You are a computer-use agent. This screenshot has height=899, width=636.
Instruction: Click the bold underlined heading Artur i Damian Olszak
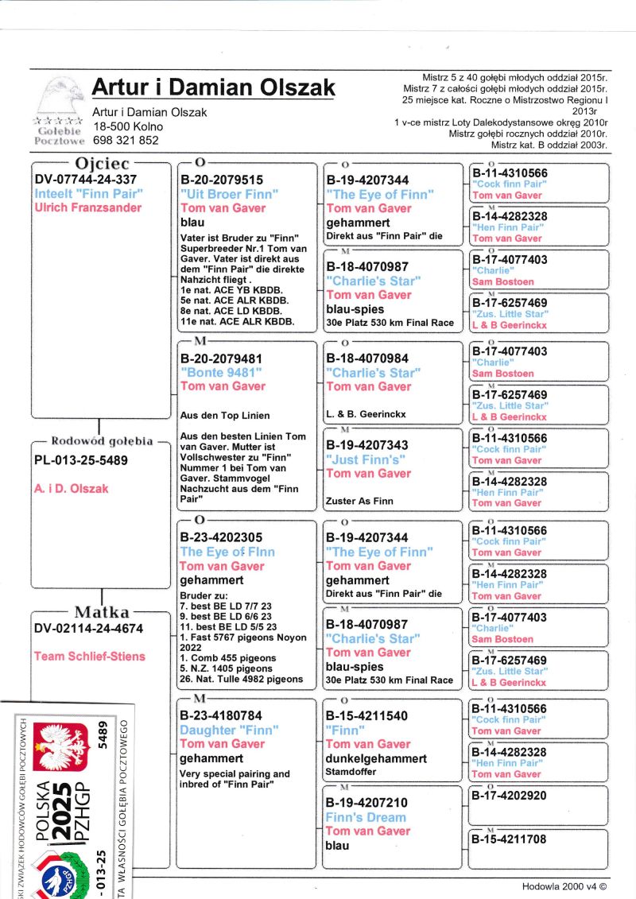[x=213, y=87]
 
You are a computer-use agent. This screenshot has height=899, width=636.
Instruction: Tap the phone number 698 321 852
[x=126, y=140]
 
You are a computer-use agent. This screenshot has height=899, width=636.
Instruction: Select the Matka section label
[x=101, y=612]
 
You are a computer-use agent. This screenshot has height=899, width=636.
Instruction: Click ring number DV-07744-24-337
[x=86, y=179]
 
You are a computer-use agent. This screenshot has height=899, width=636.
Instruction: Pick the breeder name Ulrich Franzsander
[x=88, y=207]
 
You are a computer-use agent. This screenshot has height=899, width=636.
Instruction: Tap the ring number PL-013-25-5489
[x=80, y=460]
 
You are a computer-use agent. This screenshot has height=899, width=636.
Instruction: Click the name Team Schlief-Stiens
[x=90, y=656]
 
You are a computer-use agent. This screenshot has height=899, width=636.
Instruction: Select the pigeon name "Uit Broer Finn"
[x=229, y=194]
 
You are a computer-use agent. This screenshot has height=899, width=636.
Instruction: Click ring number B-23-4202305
[x=221, y=537]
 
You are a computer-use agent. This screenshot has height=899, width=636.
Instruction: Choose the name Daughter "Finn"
[x=219, y=730]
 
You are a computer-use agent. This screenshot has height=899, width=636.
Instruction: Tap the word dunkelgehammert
[x=377, y=758]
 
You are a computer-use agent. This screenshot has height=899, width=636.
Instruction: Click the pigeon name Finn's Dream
[x=365, y=817]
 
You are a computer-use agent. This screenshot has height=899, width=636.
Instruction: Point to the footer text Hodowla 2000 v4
[x=564, y=885]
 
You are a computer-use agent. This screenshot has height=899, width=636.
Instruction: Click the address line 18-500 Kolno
[x=127, y=126]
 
